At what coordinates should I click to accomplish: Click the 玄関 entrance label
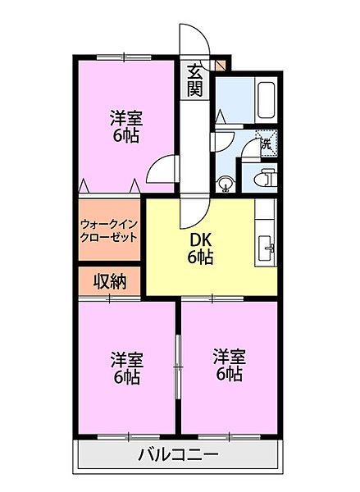(x=194, y=80)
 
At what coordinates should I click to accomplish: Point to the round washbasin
(x=226, y=182)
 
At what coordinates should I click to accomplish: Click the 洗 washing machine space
(x=267, y=143)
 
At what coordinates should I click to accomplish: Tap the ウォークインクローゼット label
(x=109, y=229)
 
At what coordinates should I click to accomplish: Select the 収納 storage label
(x=108, y=282)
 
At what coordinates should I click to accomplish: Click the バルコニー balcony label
(x=178, y=453)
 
